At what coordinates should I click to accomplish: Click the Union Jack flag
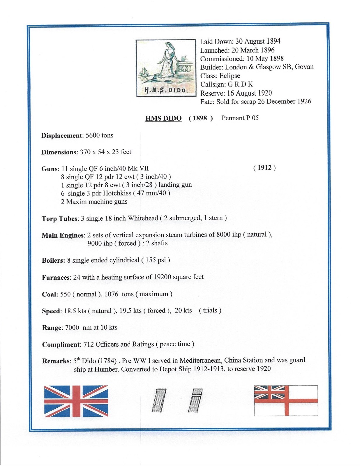76,401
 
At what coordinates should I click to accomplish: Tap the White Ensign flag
286,400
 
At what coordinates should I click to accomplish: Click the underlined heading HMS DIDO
163,118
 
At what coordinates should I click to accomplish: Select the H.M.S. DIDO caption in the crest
165,90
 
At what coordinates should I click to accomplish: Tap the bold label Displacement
62,136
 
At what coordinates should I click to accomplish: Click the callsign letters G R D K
240,84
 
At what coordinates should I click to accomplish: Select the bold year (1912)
264,168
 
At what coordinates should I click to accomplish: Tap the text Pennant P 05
240,118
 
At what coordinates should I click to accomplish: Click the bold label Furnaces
56,278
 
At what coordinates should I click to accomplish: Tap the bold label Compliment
61,345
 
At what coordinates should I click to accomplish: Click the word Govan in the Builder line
304,67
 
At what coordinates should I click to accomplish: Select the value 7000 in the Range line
72,328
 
